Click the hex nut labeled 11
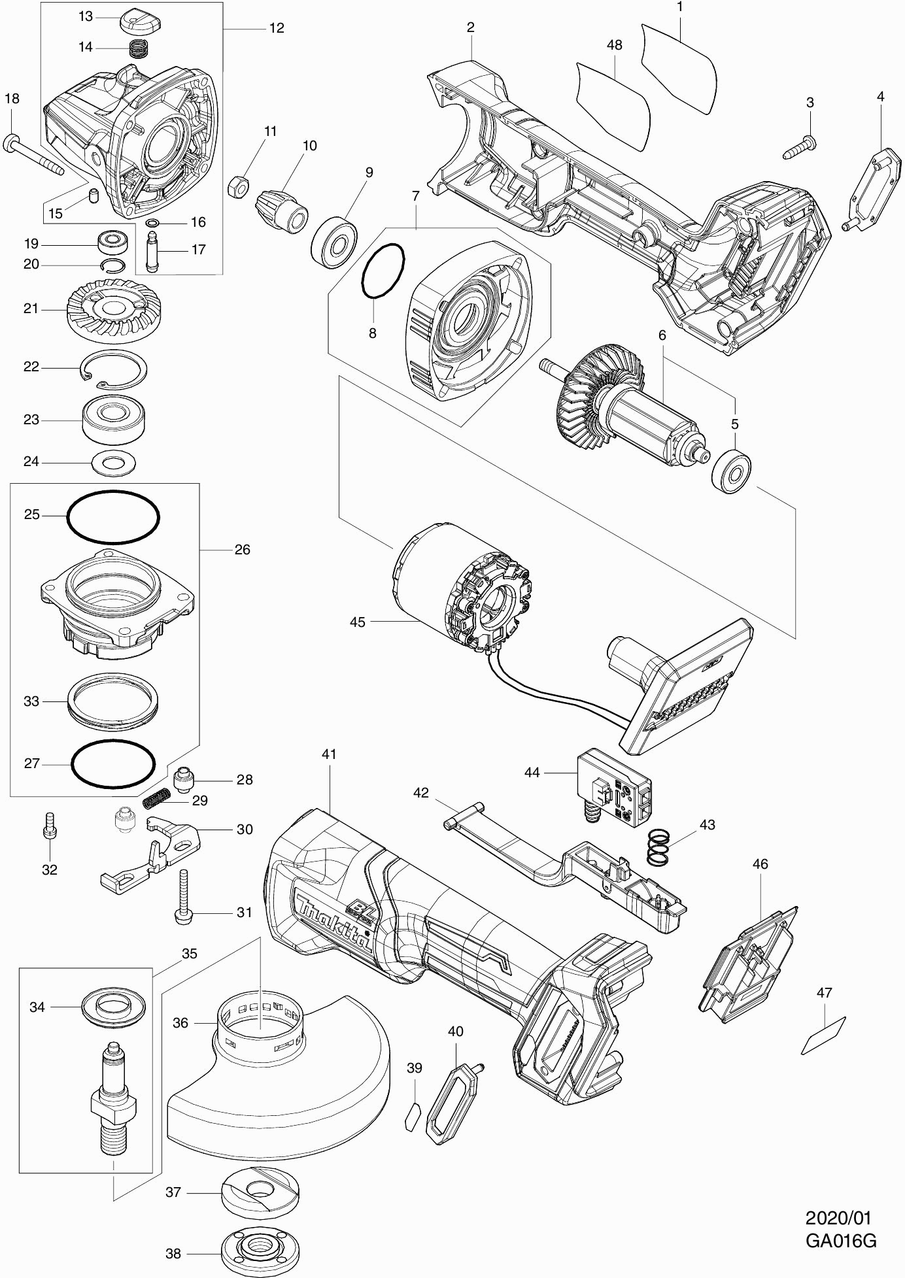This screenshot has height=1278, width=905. point(237,186)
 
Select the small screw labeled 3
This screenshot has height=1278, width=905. point(798,148)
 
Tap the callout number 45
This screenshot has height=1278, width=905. point(357,622)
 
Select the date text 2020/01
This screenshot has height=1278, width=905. point(838,1219)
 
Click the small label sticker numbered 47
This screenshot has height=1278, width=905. point(823,1035)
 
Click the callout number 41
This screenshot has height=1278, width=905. point(328,754)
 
